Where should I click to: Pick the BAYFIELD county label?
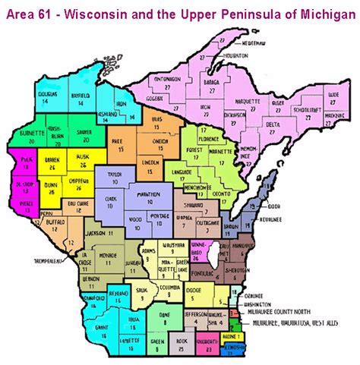pyautogui.click(x=82, y=95)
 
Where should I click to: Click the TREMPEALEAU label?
pyautogui.click(x=30, y=264)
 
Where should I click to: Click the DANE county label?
pyautogui.click(x=163, y=320)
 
